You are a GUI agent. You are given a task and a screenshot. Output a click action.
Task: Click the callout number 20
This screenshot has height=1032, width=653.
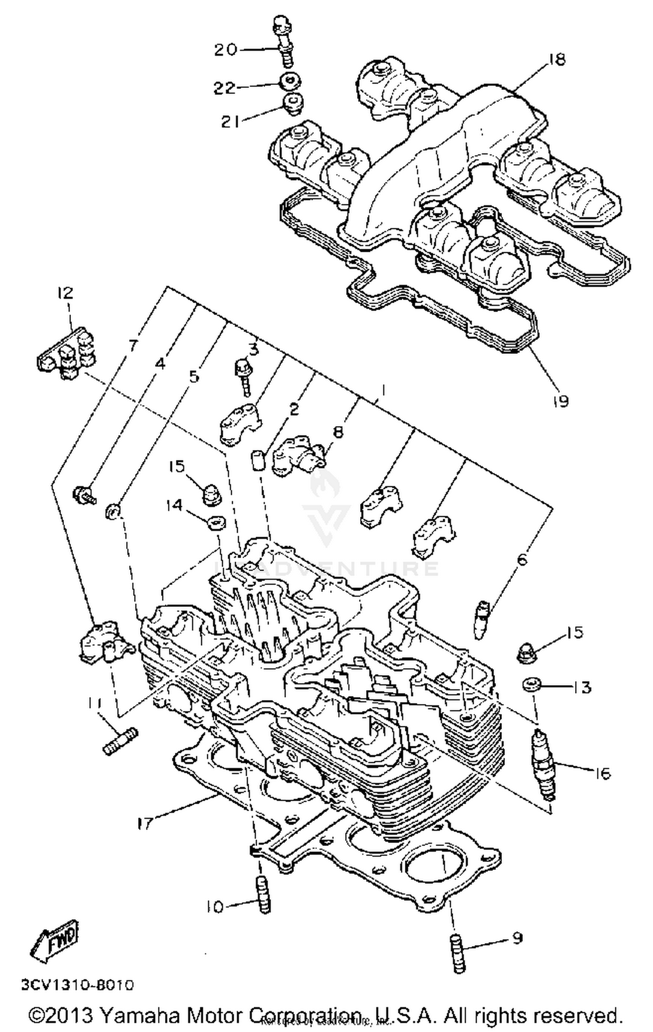point(225,50)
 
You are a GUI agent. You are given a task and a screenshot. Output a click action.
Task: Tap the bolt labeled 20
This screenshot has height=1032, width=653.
point(283,41)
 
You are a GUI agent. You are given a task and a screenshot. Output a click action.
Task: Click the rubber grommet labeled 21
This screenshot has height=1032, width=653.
point(292,105)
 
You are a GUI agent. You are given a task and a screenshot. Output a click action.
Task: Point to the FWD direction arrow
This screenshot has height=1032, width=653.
point(55,942)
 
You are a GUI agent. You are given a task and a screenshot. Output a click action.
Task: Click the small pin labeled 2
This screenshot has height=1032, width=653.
point(257,461)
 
